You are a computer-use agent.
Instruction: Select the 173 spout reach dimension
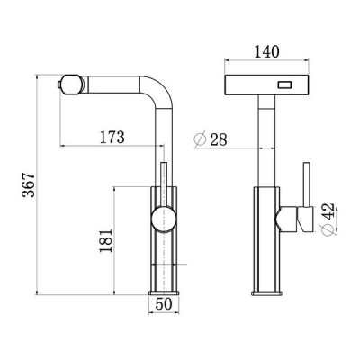(112, 138)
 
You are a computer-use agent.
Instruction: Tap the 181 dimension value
(104, 240)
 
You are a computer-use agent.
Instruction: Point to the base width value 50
(164, 304)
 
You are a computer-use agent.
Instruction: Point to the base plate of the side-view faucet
(164, 292)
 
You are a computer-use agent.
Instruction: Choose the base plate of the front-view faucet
(267, 292)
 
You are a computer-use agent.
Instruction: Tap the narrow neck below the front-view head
(267, 144)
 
